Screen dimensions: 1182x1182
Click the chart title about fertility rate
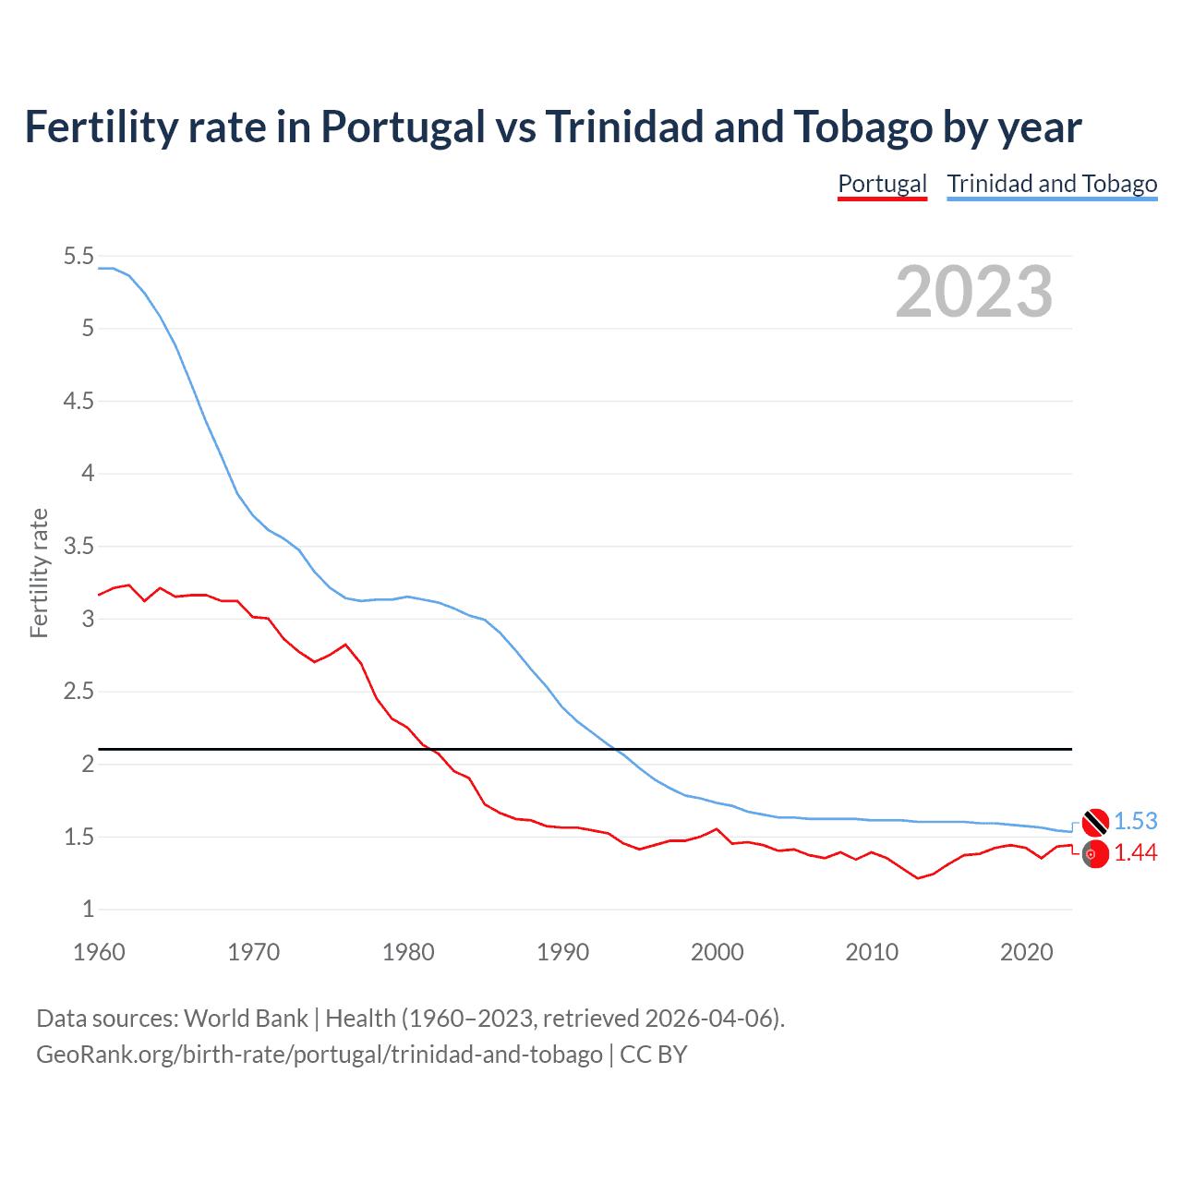pyautogui.click(x=552, y=127)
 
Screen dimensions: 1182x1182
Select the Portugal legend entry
pyautogui.click(x=882, y=184)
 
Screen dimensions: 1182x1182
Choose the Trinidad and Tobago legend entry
pyautogui.click(x=1052, y=184)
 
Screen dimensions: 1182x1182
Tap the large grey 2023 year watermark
pyautogui.click(x=974, y=292)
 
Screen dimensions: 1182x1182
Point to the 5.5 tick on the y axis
pyautogui.click(x=78, y=257)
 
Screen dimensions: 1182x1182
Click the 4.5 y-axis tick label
pyautogui.click(x=78, y=402)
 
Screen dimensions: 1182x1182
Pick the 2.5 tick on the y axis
pyautogui.click(x=78, y=692)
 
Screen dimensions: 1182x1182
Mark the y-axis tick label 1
pyautogui.click(x=88, y=910)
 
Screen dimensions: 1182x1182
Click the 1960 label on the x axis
pyautogui.click(x=99, y=952)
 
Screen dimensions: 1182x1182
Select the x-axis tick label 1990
pyautogui.click(x=562, y=952)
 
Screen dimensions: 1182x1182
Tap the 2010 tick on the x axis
pyautogui.click(x=872, y=952)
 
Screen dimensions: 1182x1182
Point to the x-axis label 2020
pyautogui.click(x=1026, y=952)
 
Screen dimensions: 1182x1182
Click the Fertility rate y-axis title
pyautogui.click(x=39, y=573)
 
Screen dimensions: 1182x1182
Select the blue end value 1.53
pyautogui.click(x=1135, y=821)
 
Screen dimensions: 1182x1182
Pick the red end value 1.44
pyautogui.click(x=1135, y=853)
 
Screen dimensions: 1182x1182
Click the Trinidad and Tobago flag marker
pyautogui.click(x=1095, y=821)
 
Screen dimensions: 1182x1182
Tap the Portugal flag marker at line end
pyautogui.click(x=1095, y=855)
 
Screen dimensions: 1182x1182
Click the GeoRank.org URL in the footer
pyautogui.click(x=319, y=1055)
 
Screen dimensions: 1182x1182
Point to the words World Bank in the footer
pyautogui.click(x=246, y=1019)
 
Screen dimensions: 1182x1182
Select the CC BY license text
pyautogui.click(x=653, y=1055)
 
